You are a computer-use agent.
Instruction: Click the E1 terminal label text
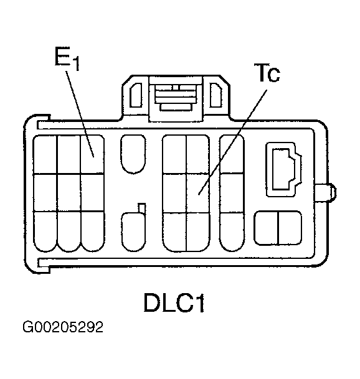coord(67,58)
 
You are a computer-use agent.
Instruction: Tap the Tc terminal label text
coord(267,73)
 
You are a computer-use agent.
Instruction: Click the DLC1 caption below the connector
coord(174,302)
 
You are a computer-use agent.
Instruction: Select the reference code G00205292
coord(63,327)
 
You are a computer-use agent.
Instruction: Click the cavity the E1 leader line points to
coord(92,154)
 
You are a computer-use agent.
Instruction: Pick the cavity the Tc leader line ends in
coord(198,193)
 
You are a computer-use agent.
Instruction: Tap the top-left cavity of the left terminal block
coord(45,154)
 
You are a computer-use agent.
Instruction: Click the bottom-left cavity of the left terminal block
coord(45,232)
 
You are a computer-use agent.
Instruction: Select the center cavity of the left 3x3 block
coord(69,193)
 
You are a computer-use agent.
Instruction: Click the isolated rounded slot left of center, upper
coord(133,154)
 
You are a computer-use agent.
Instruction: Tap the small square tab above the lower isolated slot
coord(142,208)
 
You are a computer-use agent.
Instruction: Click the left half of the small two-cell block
coord(267,228)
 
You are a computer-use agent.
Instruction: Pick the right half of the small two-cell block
coord(290,228)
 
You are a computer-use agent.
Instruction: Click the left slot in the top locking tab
coord(136,95)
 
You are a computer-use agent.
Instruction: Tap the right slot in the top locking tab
coord(216,95)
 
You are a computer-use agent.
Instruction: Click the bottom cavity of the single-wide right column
coord(232,232)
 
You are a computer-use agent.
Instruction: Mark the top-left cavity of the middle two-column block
coord(174,154)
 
